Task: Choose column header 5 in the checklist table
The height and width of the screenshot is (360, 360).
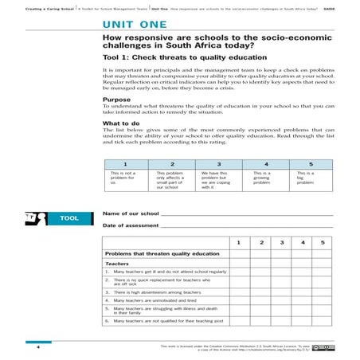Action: click(322, 241)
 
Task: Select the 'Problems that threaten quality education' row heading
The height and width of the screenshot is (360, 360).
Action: click(162, 253)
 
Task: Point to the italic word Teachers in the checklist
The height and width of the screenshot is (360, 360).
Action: click(117, 263)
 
